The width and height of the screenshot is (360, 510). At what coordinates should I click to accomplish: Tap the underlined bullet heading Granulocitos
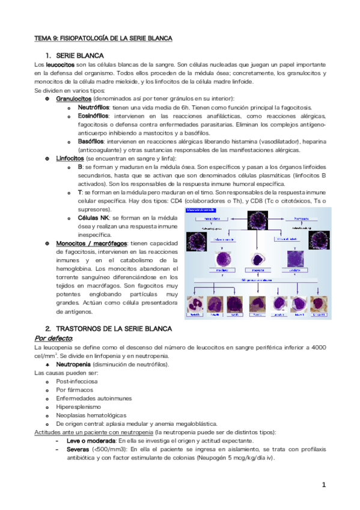point(73,98)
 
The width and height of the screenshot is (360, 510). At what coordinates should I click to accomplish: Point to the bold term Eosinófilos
point(93,116)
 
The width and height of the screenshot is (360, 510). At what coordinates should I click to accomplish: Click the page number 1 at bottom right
point(323,485)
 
